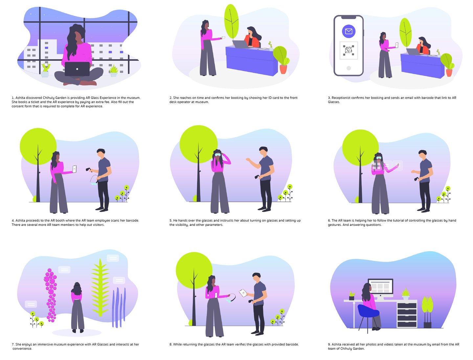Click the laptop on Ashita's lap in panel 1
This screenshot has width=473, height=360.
[x=77, y=69]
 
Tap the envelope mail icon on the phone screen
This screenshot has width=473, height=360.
[x=349, y=31]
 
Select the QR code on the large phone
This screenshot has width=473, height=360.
[x=349, y=50]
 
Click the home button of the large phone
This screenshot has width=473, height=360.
[x=349, y=68]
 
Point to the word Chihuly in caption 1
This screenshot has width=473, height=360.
[x=50, y=98]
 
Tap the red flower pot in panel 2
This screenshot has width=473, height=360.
[x=283, y=69]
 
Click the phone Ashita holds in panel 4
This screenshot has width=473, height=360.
[x=74, y=169]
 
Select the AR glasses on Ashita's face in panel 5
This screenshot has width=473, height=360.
[x=217, y=154]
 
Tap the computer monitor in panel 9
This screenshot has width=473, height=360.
[x=380, y=287]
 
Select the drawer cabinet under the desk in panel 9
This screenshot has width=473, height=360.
[x=407, y=315]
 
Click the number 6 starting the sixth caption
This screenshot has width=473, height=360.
[x=329, y=221]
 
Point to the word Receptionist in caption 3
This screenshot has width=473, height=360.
[x=341, y=98]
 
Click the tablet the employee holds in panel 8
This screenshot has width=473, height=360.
[x=243, y=293]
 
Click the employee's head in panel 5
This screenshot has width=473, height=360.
[x=263, y=152]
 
